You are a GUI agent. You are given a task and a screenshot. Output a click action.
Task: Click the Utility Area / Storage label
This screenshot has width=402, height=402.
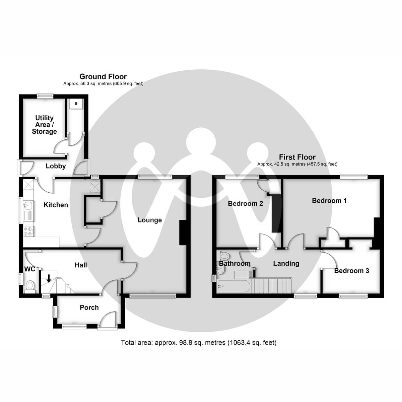[x=44, y=125]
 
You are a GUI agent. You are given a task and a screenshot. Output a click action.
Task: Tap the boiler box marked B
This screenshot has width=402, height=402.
[x=76, y=104]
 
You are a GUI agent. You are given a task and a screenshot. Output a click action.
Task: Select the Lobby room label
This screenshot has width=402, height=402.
[x=56, y=166]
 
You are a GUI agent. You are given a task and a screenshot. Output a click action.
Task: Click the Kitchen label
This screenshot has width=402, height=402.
[x=56, y=205]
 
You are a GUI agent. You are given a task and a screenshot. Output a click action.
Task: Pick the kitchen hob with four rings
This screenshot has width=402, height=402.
[x=28, y=231]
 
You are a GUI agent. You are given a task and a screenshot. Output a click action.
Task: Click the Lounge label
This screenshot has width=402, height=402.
[x=149, y=220]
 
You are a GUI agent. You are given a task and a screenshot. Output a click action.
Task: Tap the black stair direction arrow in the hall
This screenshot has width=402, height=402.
[x=49, y=278]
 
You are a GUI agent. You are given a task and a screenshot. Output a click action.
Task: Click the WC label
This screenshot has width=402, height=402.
[x=29, y=269]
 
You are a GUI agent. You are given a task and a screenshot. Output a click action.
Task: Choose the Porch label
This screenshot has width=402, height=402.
[x=89, y=308]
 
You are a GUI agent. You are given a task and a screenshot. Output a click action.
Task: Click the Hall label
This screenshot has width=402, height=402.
[x=81, y=265]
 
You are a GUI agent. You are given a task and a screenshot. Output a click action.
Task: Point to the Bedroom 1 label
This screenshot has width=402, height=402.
[x=329, y=201]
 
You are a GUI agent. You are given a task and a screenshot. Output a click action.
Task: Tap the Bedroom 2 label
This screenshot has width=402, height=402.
[x=245, y=203]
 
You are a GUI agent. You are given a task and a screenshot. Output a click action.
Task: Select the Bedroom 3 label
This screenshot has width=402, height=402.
[x=351, y=271]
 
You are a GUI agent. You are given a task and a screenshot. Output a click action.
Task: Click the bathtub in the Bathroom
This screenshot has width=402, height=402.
[x=233, y=286]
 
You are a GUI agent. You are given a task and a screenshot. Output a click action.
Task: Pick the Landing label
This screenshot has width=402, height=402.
[x=286, y=263]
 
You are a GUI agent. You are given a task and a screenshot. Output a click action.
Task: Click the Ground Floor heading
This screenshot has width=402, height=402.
[x=103, y=77]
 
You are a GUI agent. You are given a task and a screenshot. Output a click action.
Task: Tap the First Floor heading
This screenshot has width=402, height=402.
[x=297, y=157]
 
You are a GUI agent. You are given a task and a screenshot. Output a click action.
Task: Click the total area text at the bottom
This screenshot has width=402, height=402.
[x=199, y=343]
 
